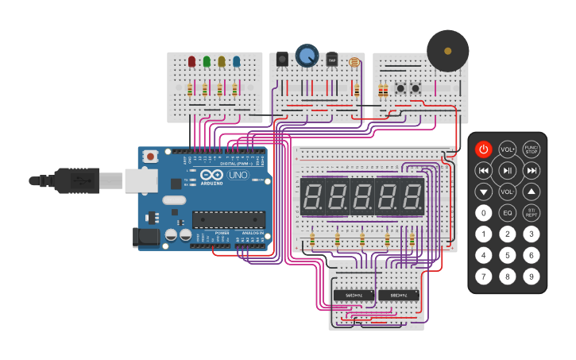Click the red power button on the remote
484,149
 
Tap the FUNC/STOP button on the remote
532,149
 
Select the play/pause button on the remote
508,170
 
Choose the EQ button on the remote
508,213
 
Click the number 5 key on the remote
508,255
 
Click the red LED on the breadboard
191,61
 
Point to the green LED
207,61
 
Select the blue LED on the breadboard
237,61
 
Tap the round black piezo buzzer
447,51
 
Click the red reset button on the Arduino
150,157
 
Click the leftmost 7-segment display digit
312,196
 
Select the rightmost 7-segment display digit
412,196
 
